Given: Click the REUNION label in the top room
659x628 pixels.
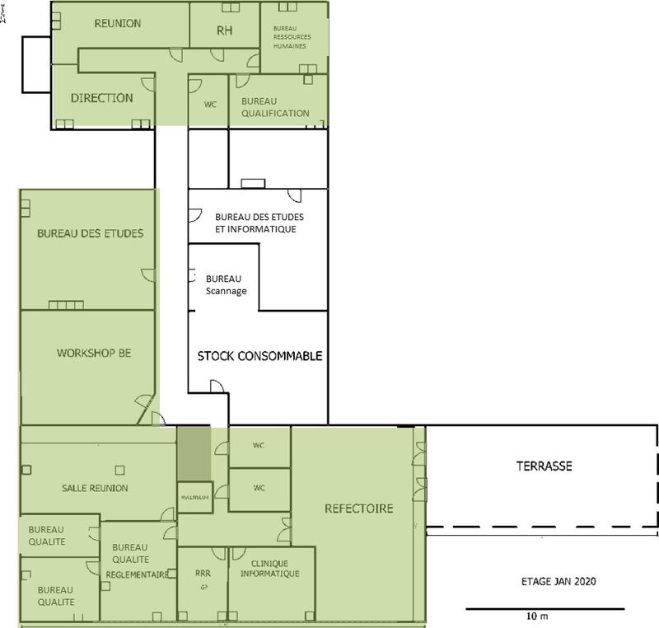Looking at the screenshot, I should click(x=118, y=24).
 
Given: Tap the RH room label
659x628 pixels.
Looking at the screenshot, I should click(x=224, y=30).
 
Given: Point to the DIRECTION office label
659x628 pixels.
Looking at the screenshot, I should click(x=101, y=97).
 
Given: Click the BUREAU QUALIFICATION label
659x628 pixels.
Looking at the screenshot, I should click(x=275, y=107).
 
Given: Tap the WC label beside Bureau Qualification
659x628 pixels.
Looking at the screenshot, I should click(x=209, y=105).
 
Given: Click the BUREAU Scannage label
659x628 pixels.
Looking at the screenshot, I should click(x=225, y=285).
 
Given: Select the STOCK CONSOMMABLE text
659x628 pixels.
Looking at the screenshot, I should click(x=259, y=357).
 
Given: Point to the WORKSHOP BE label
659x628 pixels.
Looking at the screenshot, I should click(x=94, y=353).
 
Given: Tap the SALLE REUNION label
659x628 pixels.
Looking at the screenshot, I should click(x=95, y=488).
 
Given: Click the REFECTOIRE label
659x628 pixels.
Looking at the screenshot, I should click(x=359, y=508).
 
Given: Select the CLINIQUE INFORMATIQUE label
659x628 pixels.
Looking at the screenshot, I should click(x=271, y=569).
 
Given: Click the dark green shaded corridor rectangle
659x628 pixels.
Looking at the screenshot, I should click(x=194, y=451).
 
